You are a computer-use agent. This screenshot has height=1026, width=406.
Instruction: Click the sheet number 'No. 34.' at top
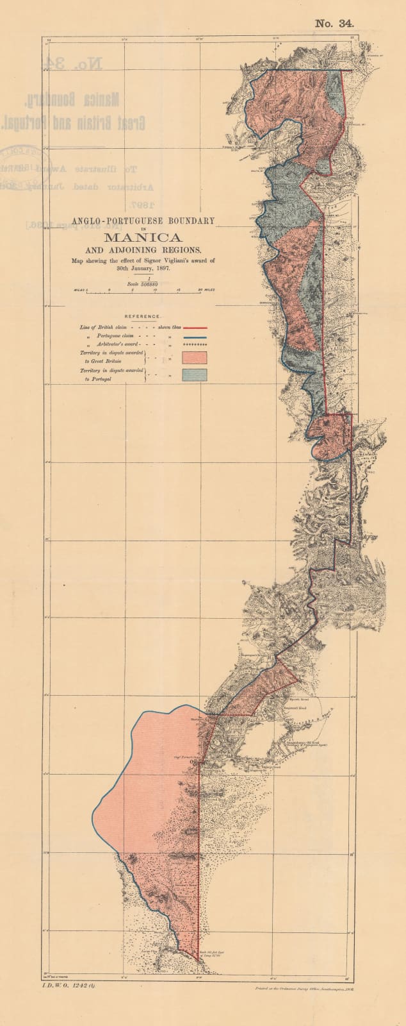(x=334, y=24)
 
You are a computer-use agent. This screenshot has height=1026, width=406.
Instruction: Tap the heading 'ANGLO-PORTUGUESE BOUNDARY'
(x=143, y=221)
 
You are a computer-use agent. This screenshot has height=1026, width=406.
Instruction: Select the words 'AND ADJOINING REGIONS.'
(x=143, y=249)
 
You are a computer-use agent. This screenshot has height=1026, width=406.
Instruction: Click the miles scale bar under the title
(x=143, y=291)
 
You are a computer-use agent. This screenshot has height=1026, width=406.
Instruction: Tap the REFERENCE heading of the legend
(x=143, y=317)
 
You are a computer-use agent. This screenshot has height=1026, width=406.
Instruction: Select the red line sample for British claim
(x=195, y=327)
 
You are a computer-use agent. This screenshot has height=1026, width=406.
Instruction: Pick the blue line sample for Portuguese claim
(x=195, y=336)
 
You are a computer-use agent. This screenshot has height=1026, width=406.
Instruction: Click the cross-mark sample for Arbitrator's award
(x=195, y=345)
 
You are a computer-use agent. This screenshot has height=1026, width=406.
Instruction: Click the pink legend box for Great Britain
(x=195, y=357)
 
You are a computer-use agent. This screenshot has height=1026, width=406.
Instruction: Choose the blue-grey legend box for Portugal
(x=195, y=375)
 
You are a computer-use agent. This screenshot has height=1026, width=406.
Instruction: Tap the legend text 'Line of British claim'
(x=103, y=327)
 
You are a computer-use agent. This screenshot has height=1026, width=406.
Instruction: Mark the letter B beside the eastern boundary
(x=365, y=521)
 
